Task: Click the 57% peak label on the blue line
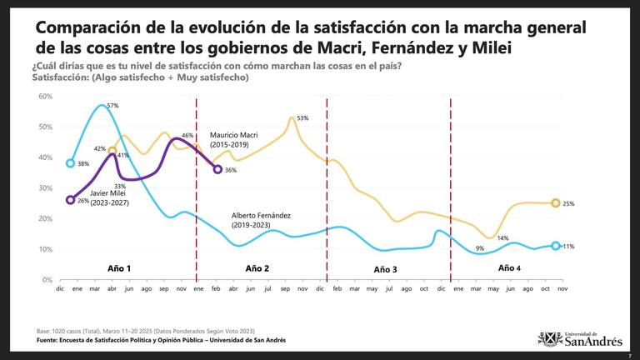pyautogui.click(x=112, y=107)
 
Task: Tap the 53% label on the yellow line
pyautogui.click(x=302, y=118)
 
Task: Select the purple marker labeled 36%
pyautogui.click(x=217, y=169)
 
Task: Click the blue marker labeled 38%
pyautogui.click(x=71, y=163)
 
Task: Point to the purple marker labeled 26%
pyautogui.click(x=71, y=200)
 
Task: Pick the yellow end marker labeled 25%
pyautogui.click(x=556, y=203)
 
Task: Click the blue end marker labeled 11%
pyautogui.click(x=556, y=246)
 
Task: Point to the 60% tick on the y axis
pyautogui.click(x=46, y=96)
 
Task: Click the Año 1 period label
pyautogui.click(x=120, y=268)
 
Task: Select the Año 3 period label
pyautogui.click(x=385, y=269)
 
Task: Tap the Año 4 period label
pyautogui.click(x=509, y=268)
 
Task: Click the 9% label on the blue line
pyautogui.click(x=480, y=248)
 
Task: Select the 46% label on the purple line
pyautogui.click(x=187, y=135)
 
